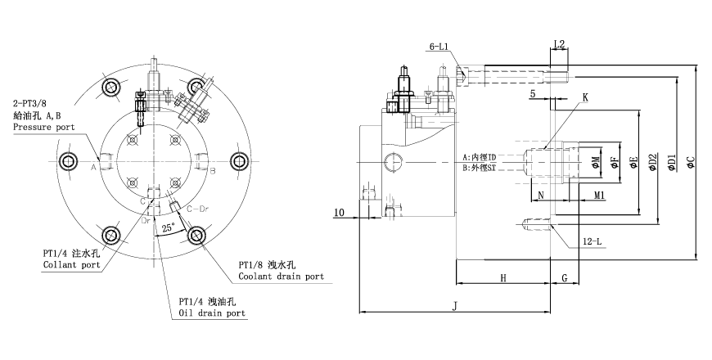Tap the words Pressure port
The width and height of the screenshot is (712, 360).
tap(43, 128)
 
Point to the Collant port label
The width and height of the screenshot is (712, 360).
tap(71, 265)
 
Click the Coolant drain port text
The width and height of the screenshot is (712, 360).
tap(281, 277)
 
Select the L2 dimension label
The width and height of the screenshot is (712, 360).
tap(560, 43)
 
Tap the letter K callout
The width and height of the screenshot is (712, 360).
tap(585, 97)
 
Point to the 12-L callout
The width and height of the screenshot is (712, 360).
tap(592, 242)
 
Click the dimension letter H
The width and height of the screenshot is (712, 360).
tap(502, 278)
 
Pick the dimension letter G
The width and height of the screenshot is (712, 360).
tap(565, 278)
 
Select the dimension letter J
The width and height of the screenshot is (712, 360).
tap(454, 306)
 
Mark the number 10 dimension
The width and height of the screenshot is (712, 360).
tap(339, 213)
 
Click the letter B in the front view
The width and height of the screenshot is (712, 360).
tap(212, 171)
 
